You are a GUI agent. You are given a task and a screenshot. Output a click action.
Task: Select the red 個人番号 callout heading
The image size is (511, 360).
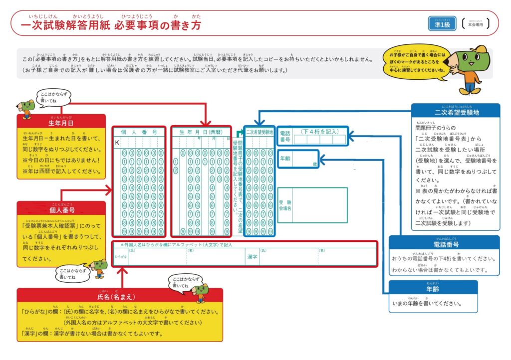pyautogui.click(x=62, y=209)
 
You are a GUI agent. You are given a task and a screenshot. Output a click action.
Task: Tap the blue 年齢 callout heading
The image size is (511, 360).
pyautogui.click(x=433, y=289)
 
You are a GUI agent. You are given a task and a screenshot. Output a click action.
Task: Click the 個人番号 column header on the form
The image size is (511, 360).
pyautogui.click(x=139, y=132)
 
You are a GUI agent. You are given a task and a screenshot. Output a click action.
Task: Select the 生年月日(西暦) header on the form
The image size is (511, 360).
pyautogui.click(x=201, y=132)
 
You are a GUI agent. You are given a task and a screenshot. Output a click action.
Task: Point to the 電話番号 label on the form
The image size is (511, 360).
pyautogui.click(x=285, y=136)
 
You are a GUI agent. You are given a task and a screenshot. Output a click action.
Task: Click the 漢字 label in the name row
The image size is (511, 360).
pyautogui.click(x=252, y=257)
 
